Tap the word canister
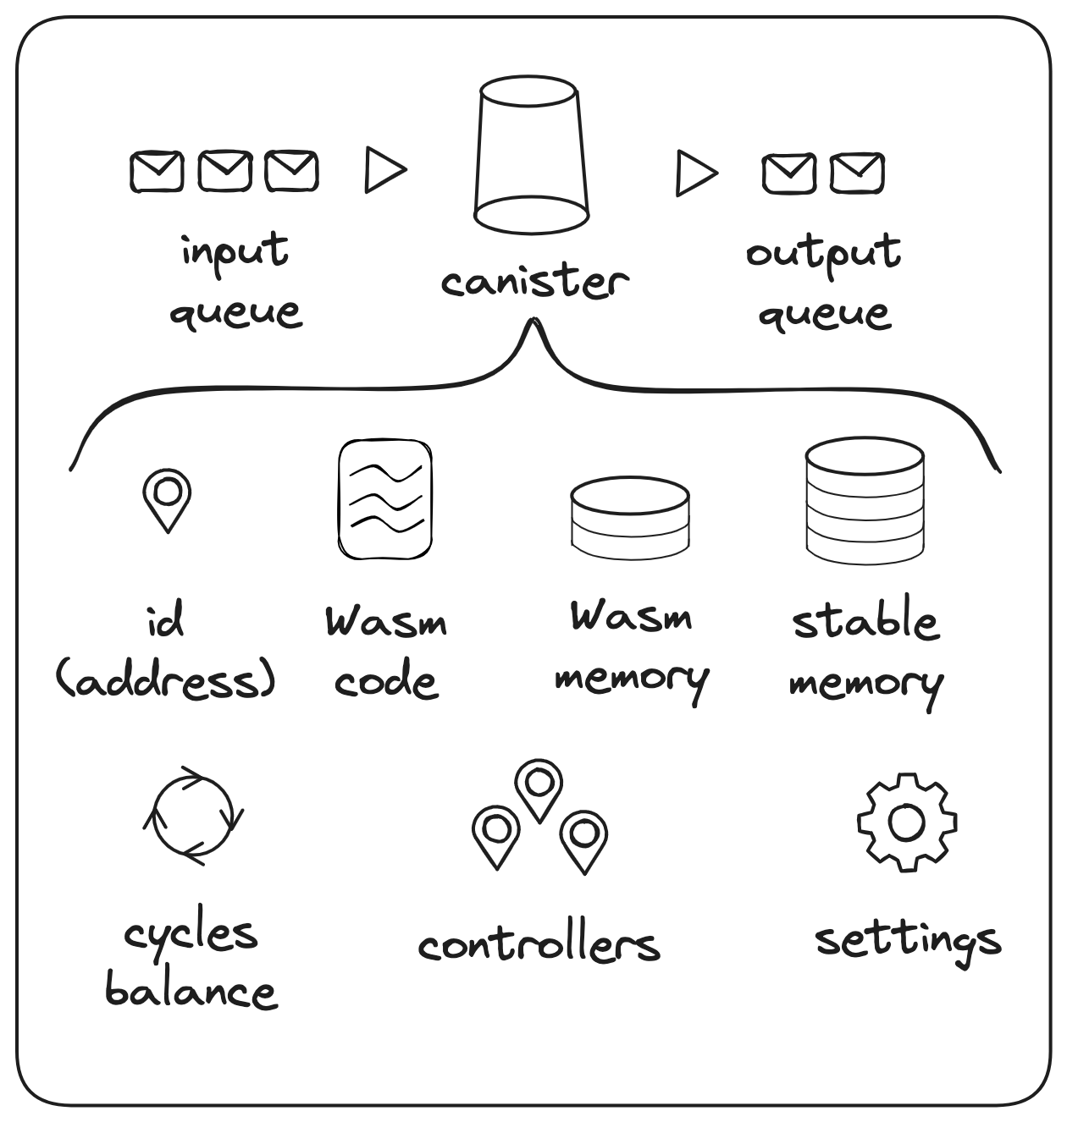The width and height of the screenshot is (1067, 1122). [x=534, y=281]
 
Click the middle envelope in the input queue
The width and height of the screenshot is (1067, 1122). [x=224, y=171]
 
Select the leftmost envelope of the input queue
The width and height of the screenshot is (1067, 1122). [x=157, y=171]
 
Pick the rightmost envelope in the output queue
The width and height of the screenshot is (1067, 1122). [x=857, y=173]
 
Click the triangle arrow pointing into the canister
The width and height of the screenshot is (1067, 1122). [x=384, y=170]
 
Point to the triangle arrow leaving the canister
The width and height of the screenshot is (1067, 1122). [x=695, y=173]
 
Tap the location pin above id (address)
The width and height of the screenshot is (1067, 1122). [x=167, y=499]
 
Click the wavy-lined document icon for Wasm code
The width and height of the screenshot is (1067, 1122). [x=385, y=498]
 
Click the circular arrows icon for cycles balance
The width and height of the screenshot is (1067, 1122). [x=193, y=817]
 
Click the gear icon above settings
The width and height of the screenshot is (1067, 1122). [x=907, y=822]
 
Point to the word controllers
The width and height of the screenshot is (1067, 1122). [x=539, y=943]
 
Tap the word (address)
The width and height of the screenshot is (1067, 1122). [x=166, y=679]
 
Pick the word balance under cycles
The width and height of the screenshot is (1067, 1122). [x=191, y=990]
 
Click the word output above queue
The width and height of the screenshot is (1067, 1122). [x=823, y=252]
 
